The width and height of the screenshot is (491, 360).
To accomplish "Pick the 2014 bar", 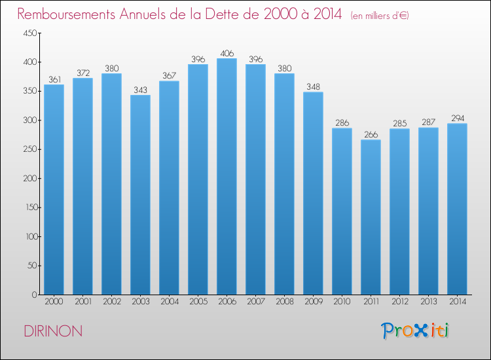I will pyautogui.click(x=457, y=209).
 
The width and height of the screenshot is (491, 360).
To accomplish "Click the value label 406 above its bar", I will pyautogui.click(x=227, y=53).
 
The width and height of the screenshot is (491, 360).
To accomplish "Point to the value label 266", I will pyautogui.click(x=371, y=134).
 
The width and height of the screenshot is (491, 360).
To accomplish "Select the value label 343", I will pyautogui.click(x=140, y=90).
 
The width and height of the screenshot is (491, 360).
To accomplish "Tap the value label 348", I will pyautogui.click(x=313, y=86).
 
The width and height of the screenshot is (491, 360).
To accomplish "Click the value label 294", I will pyautogui.click(x=457, y=118).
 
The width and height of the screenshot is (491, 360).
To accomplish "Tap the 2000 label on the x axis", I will pyautogui.click(x=54, y=302).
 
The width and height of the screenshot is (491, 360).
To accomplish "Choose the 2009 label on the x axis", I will pyautogui.click(x=313, y=302).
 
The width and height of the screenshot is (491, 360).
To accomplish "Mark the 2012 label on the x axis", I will pyautogui.click(x=399, y=302).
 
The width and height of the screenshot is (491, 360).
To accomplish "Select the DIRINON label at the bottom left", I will pyautogui.click(x=53, y=331).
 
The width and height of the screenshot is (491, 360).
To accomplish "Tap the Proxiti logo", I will pyautogui.click(x=415, y=331).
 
